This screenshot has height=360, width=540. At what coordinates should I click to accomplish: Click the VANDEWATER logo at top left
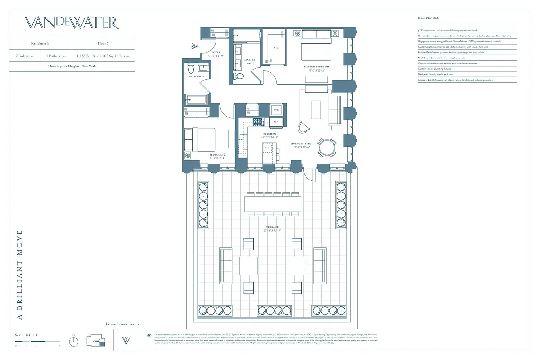[x=72, y=23]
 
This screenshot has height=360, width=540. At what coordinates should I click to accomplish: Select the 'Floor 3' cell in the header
[x=103, y=43]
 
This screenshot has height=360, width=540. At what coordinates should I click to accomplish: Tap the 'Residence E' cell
[x=40, y=43]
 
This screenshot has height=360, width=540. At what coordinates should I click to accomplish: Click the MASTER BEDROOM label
[x=316, y=67]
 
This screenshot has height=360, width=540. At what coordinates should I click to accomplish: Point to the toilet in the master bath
[x=239, y=76]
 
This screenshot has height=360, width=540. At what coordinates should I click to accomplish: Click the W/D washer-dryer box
[x=276, y=110]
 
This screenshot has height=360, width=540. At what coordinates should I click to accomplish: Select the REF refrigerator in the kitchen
[x=276, y=122]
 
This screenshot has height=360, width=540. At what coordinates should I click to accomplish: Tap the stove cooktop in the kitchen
[x=258, y=122]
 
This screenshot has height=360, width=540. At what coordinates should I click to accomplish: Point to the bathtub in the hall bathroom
[x=196, y=99]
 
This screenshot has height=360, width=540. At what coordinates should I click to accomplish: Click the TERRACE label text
[x=272, y=227]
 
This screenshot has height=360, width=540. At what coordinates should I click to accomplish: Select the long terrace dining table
[x=273, y=203]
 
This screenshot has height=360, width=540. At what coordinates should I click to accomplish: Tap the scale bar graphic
[x=38, y=342]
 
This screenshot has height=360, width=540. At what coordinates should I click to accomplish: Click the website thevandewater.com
[x=121, y=324]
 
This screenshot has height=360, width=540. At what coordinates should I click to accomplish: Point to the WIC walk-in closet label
[x=276, y=48]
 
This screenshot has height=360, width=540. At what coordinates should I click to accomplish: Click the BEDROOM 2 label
[x=217, y=155]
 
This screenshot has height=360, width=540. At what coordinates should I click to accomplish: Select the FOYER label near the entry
[x=216, y=52]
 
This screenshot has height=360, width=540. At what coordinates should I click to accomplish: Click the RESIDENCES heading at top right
[x=428, y=18]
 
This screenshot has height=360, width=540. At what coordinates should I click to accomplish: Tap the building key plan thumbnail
[x=96, y=341]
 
